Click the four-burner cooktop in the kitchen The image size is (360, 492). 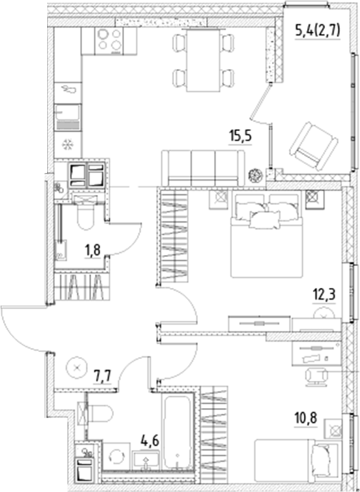(111, 43)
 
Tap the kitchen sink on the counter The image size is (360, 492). (67, 116)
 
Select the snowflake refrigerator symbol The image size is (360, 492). (67, 144)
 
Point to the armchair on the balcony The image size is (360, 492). (313, 146)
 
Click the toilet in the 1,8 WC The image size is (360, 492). (86, 216)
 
